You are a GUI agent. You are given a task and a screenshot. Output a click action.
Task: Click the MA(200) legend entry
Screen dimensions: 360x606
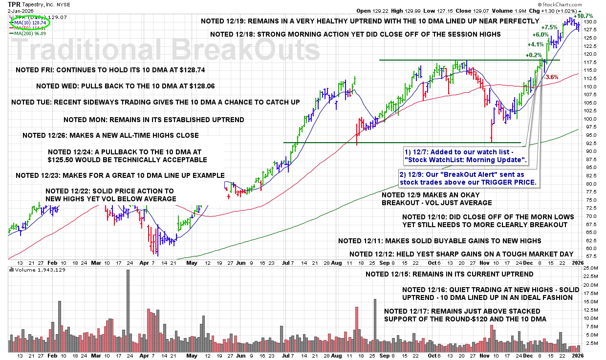(x=30, y=33)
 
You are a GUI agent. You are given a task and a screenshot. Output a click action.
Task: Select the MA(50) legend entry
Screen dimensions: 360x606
(x=30, y=28)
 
